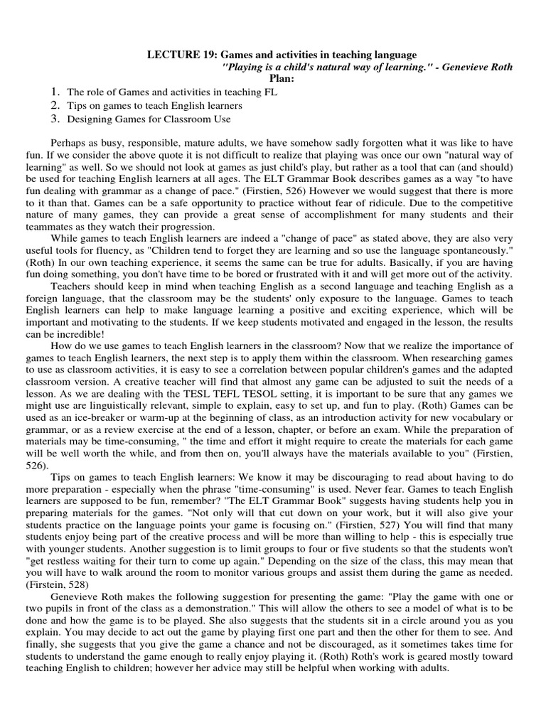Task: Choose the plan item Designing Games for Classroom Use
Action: [149, 119]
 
